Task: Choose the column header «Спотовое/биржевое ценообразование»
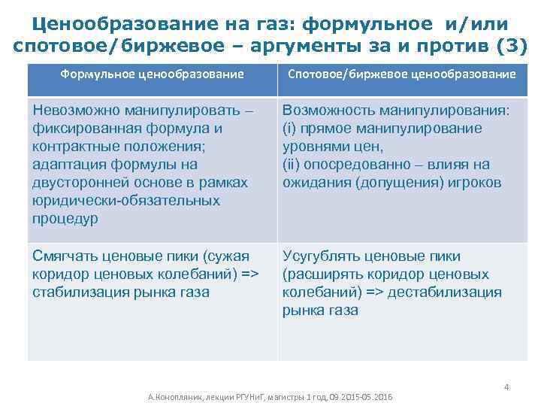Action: (x=402, y=74)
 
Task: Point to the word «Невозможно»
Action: (x=73, y=111)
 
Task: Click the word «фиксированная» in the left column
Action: (x=80, y=129)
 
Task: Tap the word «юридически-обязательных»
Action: (x=126, y=201)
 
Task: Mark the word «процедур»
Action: (x=64, y=219)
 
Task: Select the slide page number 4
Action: (x=506, y=387)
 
